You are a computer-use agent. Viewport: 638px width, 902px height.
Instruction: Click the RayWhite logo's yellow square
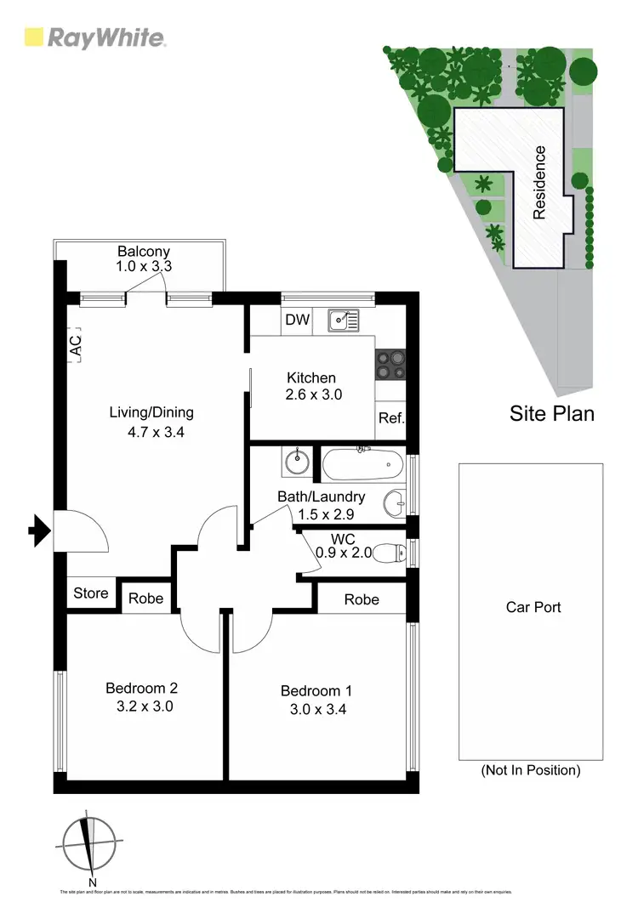[x=33, y=37]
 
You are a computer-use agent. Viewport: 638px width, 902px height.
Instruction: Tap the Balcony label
[x=144, y=252]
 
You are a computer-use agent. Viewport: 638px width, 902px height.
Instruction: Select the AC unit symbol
[x=75, y=346]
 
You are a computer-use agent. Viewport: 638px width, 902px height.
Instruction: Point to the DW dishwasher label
[x=297, y=321]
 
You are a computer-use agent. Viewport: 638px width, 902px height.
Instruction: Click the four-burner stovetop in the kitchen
[x=390, y=364]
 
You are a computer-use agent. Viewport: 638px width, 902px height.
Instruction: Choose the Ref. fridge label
[x=391, y=418]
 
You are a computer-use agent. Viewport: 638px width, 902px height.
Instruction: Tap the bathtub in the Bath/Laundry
[x=362, y=464]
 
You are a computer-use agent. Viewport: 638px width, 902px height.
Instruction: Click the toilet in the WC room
[x=390, y=553]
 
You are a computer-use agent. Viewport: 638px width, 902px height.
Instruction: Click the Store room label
[x=90, y=593]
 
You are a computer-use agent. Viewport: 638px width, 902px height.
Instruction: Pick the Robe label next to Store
[x=145, y=598]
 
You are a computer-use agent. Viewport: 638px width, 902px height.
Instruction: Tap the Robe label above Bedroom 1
[x=362, y=599]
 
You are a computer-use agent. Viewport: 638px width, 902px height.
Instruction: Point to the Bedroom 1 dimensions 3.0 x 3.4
[x=316, y=708]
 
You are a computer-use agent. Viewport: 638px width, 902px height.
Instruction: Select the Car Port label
[x=533, y=607]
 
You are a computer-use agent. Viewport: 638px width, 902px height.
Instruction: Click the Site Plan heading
[x=551, y=414]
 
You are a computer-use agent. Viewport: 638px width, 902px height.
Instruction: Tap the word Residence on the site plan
[x=539, y=183]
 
